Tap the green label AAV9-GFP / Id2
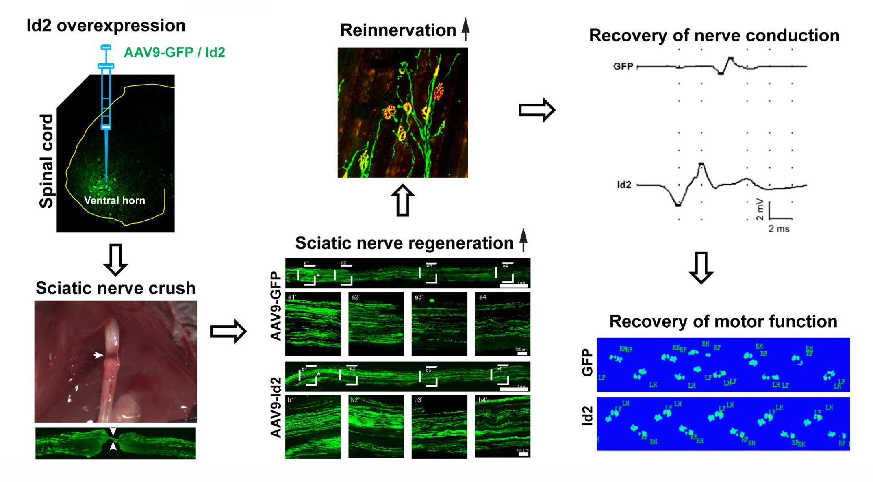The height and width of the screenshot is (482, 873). (174, 52)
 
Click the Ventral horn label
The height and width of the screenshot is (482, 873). (114, 200)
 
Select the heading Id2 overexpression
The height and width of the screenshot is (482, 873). (106, 26)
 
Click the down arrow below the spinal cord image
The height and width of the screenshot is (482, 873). (116, 260)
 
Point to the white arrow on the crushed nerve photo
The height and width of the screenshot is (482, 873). (98, 355)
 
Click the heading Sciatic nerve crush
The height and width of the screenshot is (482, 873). (115, 288)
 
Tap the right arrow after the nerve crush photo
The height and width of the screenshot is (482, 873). (228, 331)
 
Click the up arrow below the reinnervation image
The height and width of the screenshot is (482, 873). (402, 200)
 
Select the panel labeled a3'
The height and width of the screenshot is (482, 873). (439, 324)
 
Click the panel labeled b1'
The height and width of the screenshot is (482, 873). (313, 427)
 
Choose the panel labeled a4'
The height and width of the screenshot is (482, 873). (502, 324)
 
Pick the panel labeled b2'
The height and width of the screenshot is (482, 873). (376, 427)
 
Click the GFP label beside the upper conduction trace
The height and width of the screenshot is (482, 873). (623, 67)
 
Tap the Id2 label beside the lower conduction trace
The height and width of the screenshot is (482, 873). (624, 185)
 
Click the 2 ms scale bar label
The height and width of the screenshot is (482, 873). (779, 229)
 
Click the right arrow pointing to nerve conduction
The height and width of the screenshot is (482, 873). (536, 110)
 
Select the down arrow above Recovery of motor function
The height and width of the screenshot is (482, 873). (701, 267)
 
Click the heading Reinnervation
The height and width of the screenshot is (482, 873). (398, 30)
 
